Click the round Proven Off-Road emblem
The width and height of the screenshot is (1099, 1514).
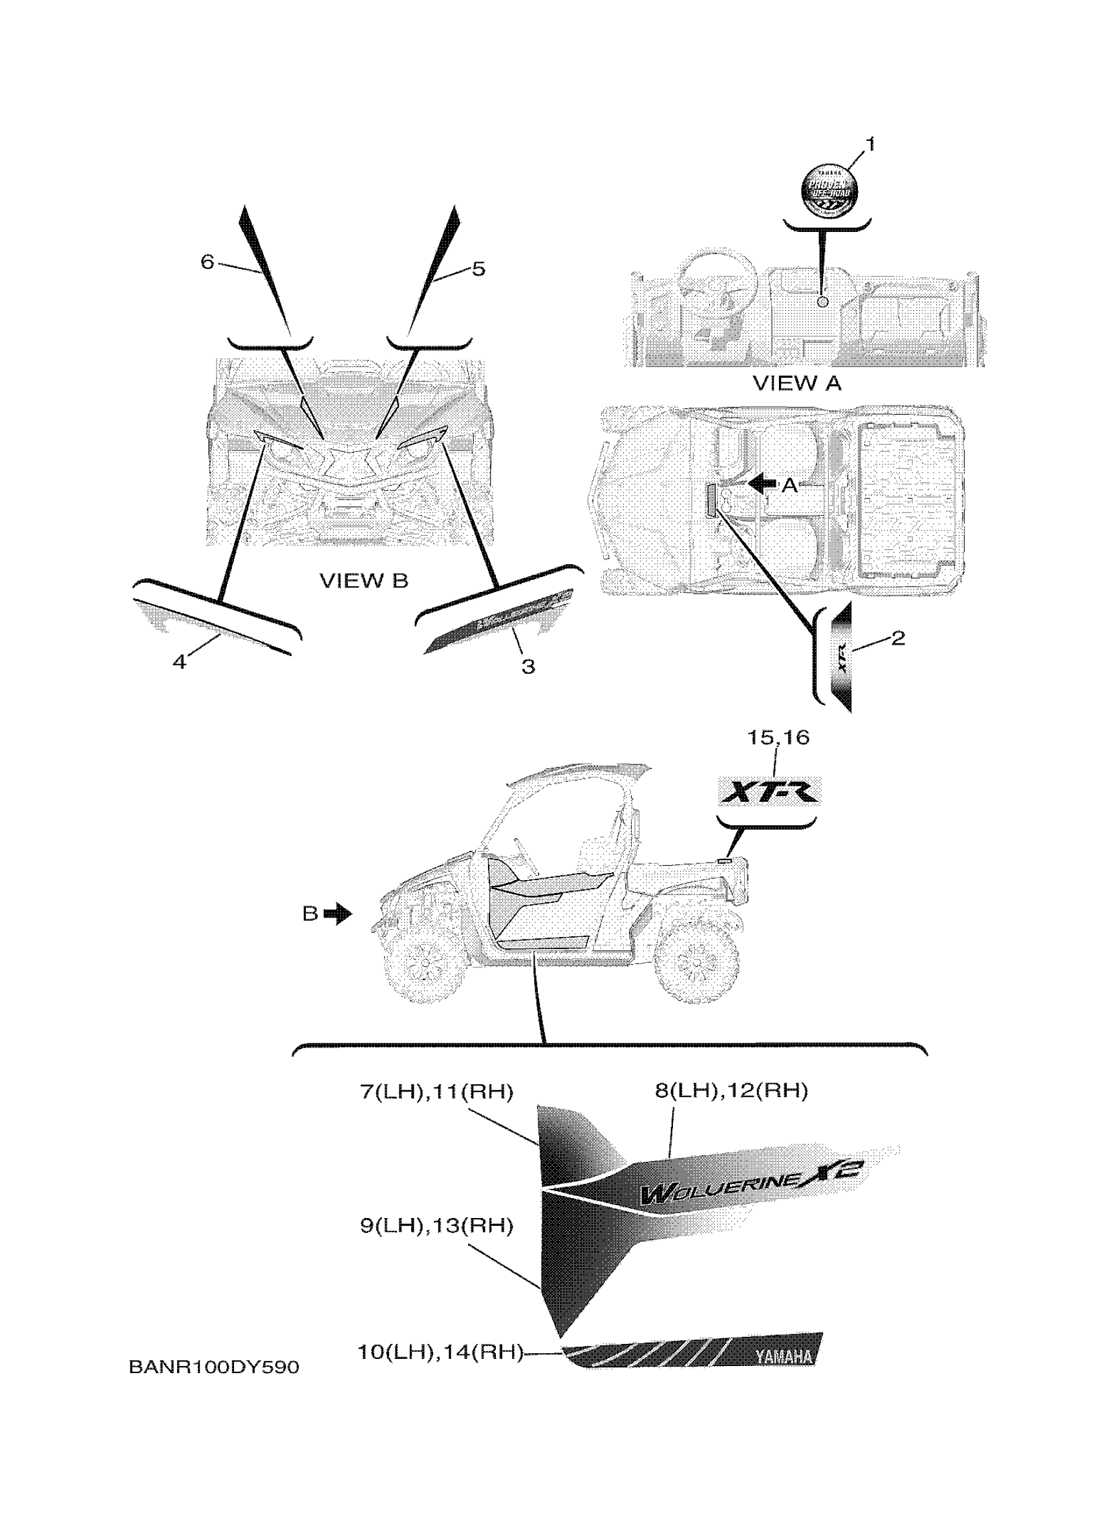coord(830,188)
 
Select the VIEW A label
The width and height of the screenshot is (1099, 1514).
coord(796,383)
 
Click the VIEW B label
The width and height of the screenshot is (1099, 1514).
coord(364,581)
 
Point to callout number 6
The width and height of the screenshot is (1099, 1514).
coord(208,262)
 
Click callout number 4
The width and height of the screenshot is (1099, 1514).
coord(179,662)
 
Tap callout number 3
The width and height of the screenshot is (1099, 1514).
coord(528,666)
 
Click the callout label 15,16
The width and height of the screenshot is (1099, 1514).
coord(778,738)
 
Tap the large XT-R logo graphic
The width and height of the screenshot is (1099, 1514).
coord(769,792)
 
